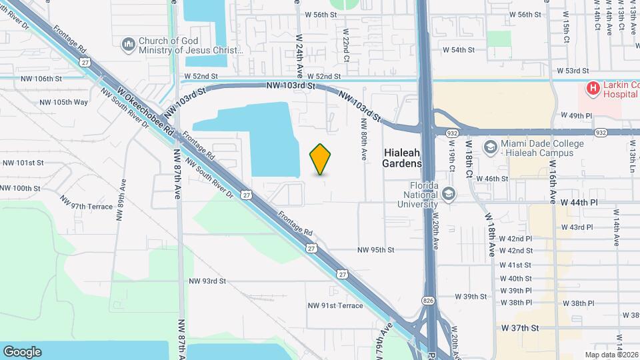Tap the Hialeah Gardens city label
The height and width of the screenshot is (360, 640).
403,157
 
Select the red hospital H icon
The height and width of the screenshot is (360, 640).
591,88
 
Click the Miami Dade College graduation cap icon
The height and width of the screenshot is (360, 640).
491,147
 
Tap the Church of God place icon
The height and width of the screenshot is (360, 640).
128,45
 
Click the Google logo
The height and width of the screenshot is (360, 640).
22,351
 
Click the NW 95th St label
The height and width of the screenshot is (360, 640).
376,250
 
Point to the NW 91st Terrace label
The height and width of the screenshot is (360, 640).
335,305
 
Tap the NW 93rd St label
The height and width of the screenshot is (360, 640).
207,281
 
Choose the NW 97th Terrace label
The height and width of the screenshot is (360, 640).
87,203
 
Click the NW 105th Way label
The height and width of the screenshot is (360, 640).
64,102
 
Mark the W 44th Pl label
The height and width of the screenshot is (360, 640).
577,201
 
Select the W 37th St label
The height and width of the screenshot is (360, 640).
520,328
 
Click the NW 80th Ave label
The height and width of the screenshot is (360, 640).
365,139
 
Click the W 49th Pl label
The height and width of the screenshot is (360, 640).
577,115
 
